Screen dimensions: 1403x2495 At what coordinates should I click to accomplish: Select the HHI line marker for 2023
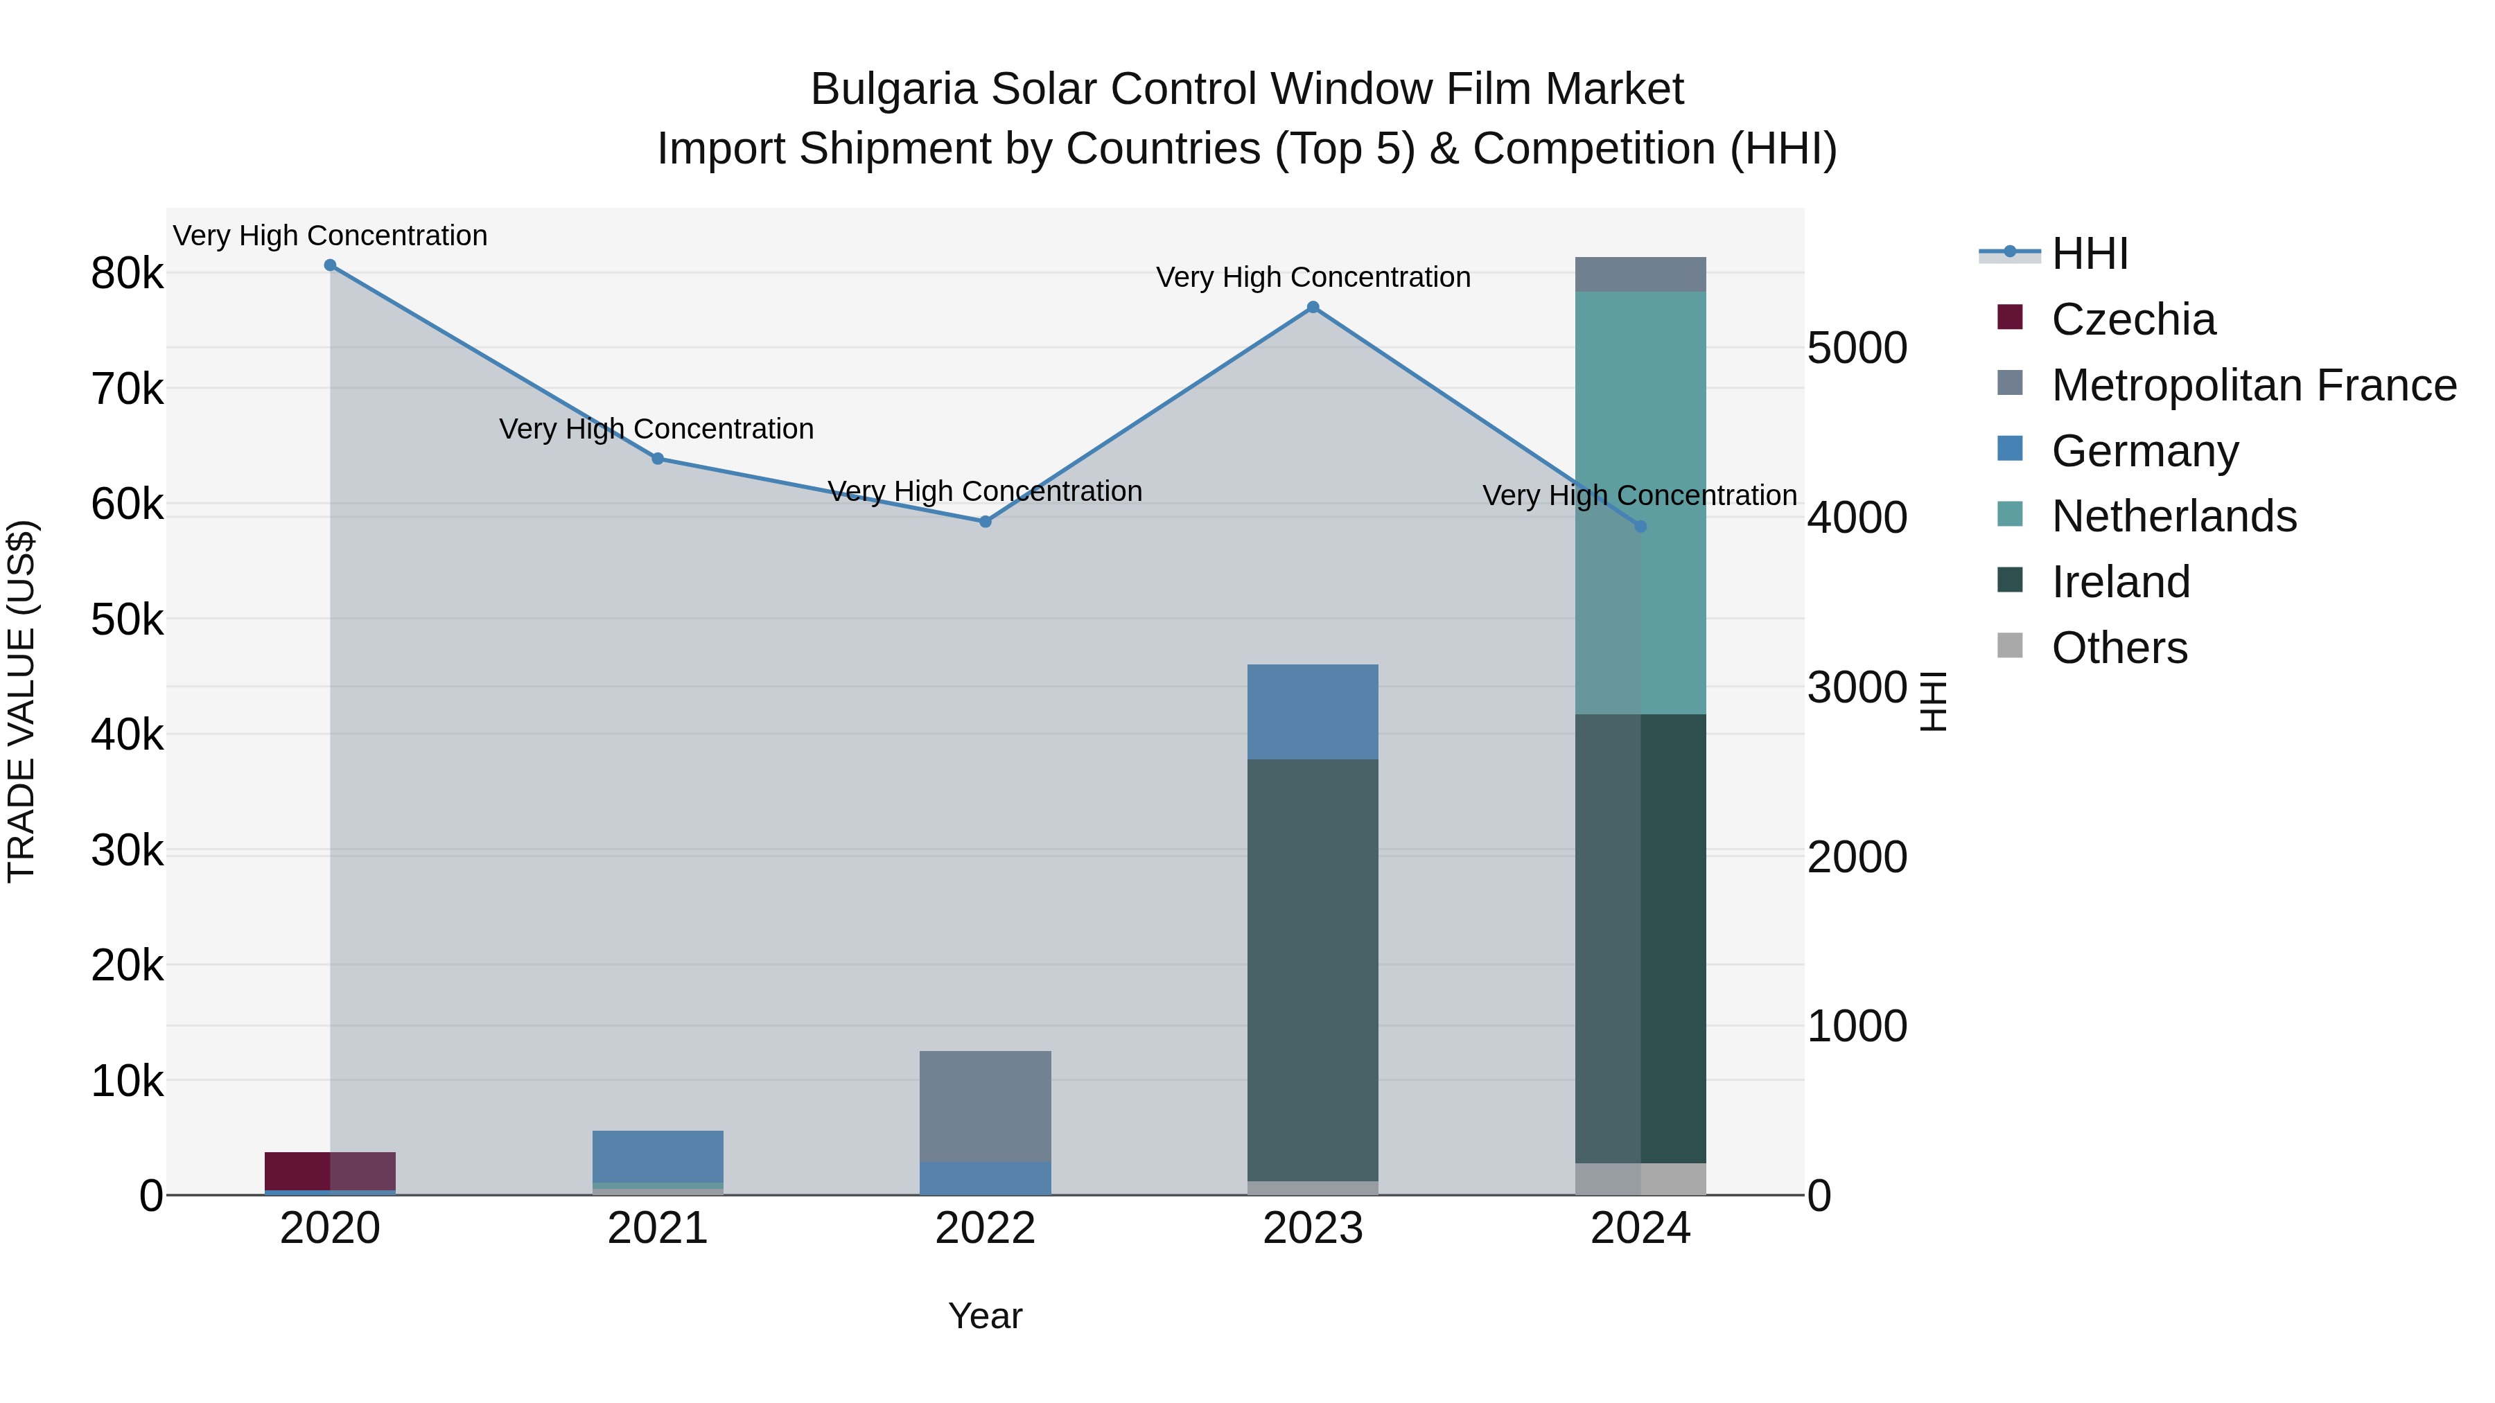1313,307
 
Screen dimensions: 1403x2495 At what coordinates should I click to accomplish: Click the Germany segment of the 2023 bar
1313,712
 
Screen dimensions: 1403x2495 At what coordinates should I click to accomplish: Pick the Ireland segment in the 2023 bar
1313,969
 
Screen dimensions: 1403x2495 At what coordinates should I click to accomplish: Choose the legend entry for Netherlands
2173,516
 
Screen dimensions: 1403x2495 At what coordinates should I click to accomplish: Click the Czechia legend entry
2132,319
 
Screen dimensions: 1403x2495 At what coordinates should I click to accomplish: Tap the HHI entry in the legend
2089,254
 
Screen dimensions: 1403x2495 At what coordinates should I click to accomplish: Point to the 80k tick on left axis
127,274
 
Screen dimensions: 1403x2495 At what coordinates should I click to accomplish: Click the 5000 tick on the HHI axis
1857,348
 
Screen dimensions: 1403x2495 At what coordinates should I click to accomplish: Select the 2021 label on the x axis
658,1228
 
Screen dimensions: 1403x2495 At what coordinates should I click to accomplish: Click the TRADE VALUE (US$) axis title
21,701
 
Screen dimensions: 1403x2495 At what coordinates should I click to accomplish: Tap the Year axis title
985,1316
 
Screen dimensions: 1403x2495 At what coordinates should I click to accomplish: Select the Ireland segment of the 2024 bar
1640,939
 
